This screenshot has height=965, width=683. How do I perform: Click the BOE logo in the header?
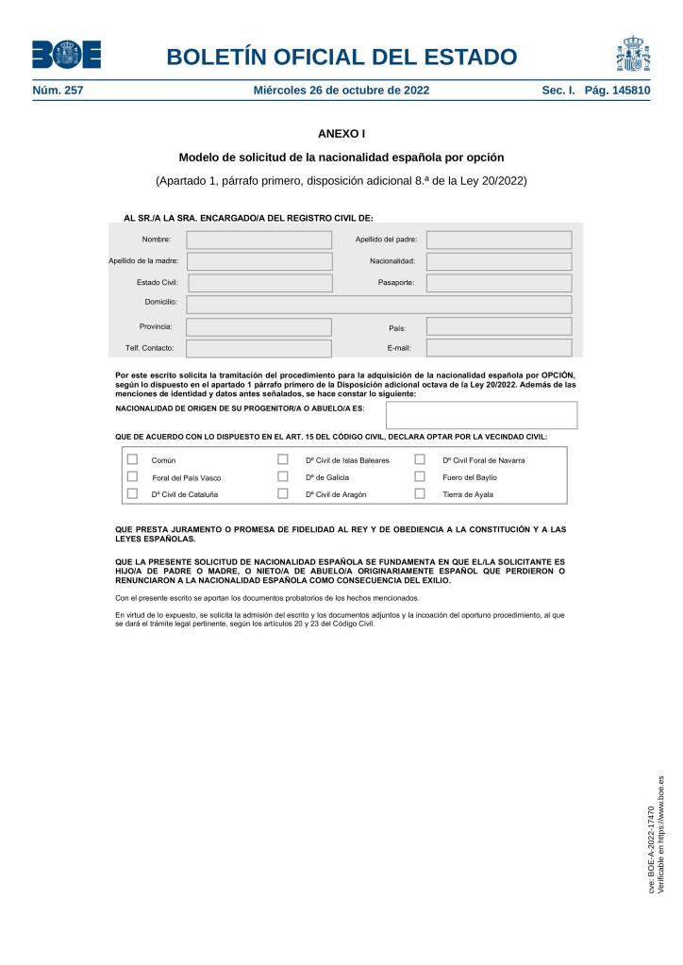66,55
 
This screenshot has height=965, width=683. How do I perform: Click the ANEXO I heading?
341,135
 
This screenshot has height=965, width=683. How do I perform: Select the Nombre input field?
258,240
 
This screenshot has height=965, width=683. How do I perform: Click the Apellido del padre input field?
498,240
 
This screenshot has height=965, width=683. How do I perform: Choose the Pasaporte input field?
498,283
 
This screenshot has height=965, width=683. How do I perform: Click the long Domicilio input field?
378,305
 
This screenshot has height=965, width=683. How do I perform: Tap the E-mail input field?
498,348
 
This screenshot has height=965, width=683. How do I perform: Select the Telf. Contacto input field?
258,348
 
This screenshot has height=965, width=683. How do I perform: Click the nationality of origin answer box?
481,415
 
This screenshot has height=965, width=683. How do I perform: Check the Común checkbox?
132,459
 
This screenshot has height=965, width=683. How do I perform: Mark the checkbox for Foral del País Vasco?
132,476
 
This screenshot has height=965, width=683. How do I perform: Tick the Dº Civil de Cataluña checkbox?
132,493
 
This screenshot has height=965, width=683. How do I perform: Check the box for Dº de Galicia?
282,476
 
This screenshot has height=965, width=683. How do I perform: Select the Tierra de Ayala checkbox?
420,493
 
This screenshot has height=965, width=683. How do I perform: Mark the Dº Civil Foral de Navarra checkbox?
420,459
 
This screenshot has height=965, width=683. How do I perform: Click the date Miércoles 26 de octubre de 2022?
341,91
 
